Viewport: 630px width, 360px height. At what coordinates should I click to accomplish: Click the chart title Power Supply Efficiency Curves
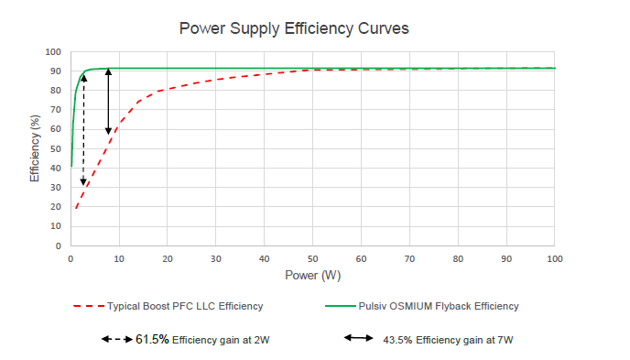[293, 28]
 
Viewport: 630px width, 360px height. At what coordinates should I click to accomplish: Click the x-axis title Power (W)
[312, 274]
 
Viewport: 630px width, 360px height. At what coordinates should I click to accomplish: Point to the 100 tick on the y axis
[54, 52]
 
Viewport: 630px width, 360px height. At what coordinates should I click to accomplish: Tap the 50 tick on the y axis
[57, 149]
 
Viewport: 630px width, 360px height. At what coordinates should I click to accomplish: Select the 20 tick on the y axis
[57, 207]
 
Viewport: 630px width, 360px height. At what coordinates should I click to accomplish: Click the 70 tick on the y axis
[57, 110]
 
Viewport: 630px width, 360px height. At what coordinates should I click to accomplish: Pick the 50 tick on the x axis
[312, 258]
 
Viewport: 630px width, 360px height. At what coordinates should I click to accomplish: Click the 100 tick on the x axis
[553, 258]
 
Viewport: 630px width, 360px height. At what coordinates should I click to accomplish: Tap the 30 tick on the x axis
[216, 258]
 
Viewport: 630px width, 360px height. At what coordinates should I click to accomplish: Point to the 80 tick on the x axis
[457, 258]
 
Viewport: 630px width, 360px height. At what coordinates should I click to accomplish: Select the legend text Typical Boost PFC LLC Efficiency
[186, 306]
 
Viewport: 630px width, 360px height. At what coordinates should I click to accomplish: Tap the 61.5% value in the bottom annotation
[152, 339]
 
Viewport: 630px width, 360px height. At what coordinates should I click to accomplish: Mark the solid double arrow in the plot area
[108, 102]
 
